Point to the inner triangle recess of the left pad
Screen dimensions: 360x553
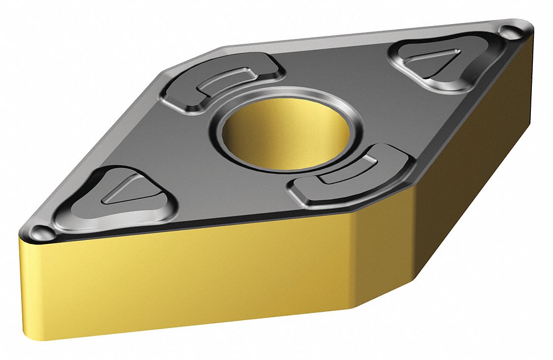(125, 191)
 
